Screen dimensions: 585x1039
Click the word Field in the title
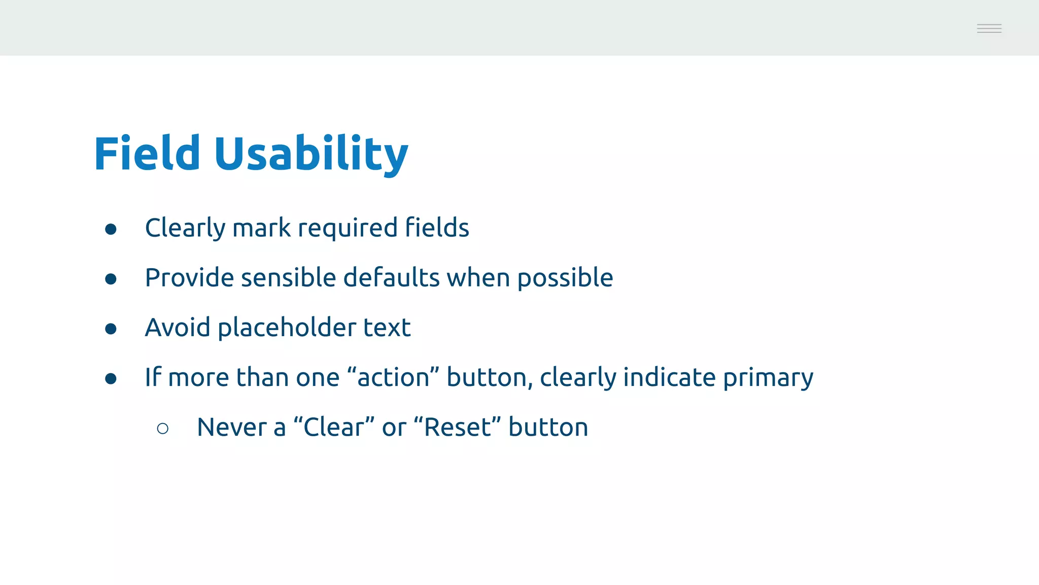pyautogui.click(x=147, y=154)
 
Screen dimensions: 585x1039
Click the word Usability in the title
pyautogui.click(x=310, y=154)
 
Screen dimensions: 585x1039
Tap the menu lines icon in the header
pyautogui.click(x=989, y=28)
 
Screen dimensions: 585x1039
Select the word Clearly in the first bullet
pyautogui.click(x=185, y=228)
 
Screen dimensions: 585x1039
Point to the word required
pyautogui.click(x=347, y=228)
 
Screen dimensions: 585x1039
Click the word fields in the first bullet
pyautogui.click(x=437, y=227)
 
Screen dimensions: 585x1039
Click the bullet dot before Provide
pyautogui.click(x=111, y=279)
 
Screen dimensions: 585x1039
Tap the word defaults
pyautogui.click(x=391, y=278)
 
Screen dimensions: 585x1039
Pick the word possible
pyautogui.click(x=565, y=278)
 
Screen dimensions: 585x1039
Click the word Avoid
pyautogui.click(x=178, y=328)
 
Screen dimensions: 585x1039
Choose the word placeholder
pyautogui.click(x=287, y=328)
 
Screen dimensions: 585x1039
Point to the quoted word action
pyautogui.click(x=393, y=377)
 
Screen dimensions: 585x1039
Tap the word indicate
pyautogui.click(x=669, y=377)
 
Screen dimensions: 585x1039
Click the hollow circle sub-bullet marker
pyautogui.click(x=163, y=429)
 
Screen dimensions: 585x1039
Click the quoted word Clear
pyautogui.click(x=334, y=427)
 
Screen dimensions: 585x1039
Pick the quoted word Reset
pyautogui.click(x=457, y=427)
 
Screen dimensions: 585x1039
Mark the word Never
pyautogui.click(x=231, y=427)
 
